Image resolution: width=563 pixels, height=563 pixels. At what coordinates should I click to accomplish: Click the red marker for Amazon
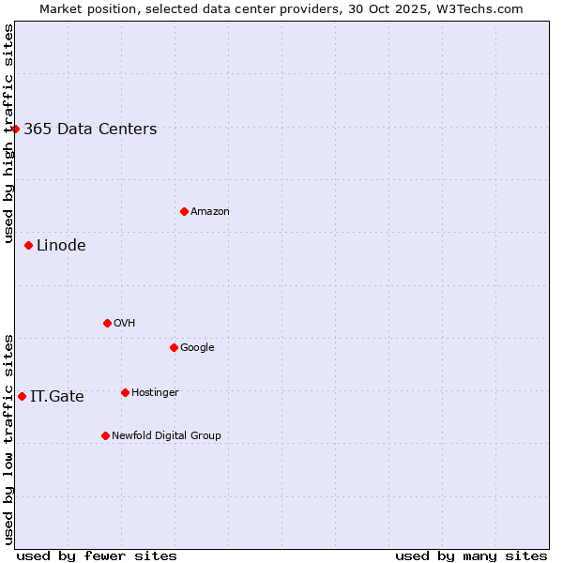pos(184,211)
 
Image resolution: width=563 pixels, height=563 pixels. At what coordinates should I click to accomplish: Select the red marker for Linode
pos(28,246)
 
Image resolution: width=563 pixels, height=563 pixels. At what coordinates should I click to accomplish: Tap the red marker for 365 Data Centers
pos(16,129)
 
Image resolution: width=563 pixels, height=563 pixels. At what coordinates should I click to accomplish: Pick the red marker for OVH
pos(107,323)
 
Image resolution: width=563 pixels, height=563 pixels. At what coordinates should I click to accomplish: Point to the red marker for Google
pos(174,347)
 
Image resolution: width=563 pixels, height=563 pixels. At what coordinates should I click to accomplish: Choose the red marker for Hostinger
pos(125,392)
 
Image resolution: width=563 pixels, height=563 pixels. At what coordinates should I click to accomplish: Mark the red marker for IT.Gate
pos(22,396)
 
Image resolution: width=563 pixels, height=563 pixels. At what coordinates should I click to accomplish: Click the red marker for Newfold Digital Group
pos(105,435)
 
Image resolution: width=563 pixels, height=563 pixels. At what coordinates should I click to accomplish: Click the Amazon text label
pos(210,211)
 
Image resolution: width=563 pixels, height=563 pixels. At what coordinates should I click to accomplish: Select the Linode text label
pos(61,246)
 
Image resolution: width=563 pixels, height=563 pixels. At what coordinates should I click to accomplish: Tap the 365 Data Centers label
pos(90,129)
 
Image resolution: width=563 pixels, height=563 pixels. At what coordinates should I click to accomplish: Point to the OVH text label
pos(125,323)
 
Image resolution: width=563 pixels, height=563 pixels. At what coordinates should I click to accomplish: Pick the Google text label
pos(197,347)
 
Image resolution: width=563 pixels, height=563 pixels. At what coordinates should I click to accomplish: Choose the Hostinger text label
pos(155,392)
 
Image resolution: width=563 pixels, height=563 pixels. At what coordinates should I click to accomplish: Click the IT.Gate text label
pos(57,397)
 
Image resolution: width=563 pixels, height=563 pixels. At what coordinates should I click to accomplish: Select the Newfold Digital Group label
pos(166,435)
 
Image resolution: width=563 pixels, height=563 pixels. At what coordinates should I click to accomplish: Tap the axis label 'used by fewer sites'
pos(97,555)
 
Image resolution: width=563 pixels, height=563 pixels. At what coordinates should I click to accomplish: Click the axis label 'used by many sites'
pos(471,555)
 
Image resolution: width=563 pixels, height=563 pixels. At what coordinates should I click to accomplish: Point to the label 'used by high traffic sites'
pos(8,134)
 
